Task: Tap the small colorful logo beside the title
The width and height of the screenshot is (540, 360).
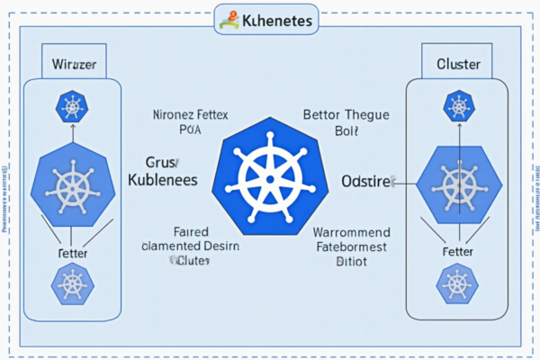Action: (x=229, y=19)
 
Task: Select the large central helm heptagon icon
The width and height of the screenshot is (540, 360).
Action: (x=268, y=175)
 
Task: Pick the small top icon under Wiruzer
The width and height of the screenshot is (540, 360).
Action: (x=72, y=107)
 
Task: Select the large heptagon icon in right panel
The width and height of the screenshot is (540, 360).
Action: (x=459, y=187)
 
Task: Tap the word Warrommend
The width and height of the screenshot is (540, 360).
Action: (x=350, y=231)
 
